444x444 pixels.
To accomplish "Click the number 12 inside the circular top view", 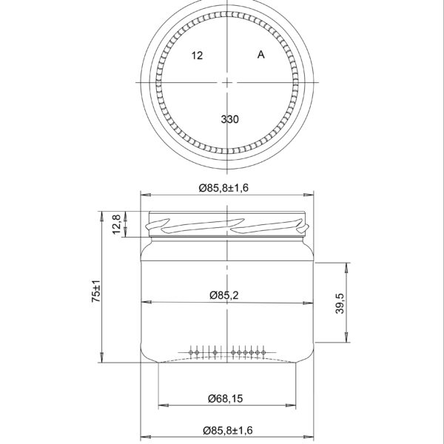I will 197,55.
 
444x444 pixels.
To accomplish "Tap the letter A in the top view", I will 260,55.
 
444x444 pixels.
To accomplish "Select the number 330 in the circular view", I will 230,118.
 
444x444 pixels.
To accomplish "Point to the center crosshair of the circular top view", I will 228,81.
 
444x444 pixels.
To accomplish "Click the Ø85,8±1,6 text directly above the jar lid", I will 223,188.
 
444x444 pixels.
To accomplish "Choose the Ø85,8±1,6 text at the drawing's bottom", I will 223,430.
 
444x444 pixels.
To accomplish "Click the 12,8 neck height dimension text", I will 116,223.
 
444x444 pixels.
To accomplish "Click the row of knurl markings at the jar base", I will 229,353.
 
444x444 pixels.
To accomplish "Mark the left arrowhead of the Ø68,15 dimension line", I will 161,406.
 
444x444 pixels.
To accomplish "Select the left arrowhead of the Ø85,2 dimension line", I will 144,303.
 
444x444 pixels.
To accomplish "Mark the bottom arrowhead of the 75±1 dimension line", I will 102,360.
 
